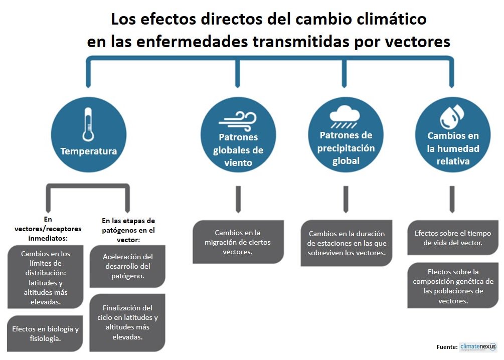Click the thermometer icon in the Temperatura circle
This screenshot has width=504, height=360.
(x=88, y=125)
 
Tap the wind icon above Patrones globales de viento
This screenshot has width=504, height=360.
(x=238, y=121)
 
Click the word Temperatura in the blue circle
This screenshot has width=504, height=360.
(x=89, y=151)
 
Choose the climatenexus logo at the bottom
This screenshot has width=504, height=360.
(x=477, y=347)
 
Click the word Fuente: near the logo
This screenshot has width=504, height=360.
(x=446, y=347)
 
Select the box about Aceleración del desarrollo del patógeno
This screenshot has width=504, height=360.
(x=127, y=266)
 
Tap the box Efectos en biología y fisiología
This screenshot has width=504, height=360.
(x=45, y=334)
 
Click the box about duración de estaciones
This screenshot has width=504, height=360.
(x=347, y=243)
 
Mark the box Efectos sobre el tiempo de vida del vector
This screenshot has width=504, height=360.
(x=452, y=238)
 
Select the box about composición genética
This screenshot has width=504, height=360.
(x=452, y=286)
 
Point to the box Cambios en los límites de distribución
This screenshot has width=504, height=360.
(x=45, y=278)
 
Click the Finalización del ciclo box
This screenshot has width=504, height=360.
(x=127, y=322)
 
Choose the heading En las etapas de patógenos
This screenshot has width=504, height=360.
(x=128, y=230)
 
